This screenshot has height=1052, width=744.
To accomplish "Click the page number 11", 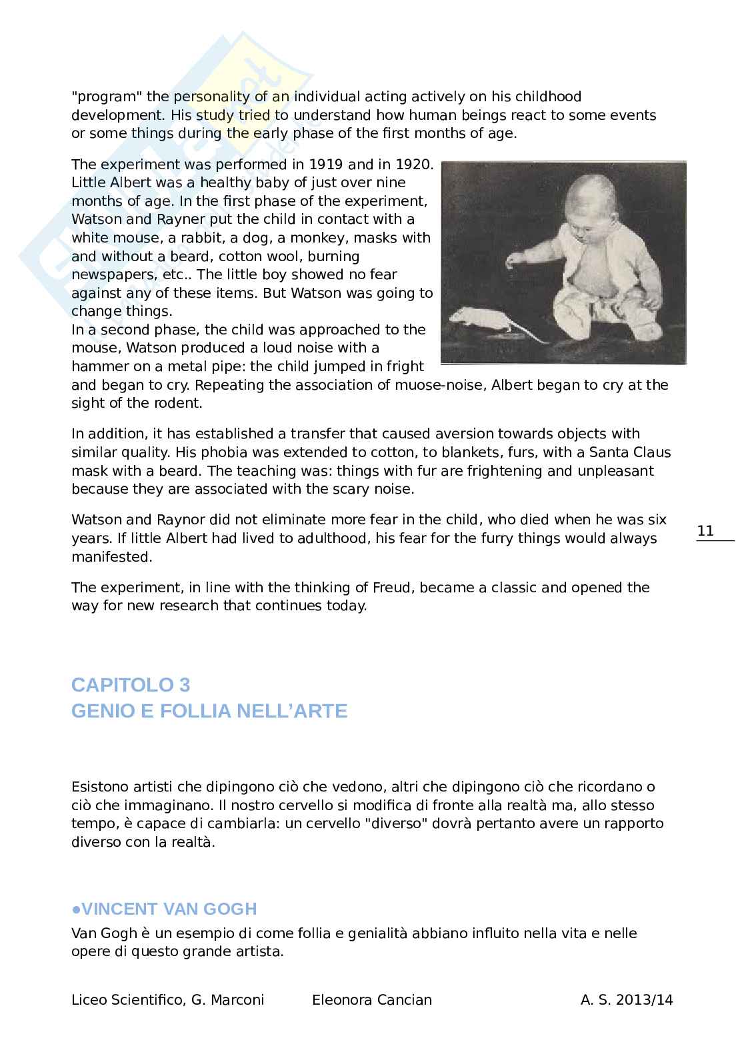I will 705,531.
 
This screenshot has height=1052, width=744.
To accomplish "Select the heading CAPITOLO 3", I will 131,685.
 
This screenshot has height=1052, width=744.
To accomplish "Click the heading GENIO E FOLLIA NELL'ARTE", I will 209,712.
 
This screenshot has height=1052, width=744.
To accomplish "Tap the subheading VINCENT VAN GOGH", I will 164,909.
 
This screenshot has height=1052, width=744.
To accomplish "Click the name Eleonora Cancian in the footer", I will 372,1000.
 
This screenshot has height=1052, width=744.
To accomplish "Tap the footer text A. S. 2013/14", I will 627,1000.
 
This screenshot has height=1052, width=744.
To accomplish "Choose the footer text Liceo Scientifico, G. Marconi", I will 168,1000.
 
